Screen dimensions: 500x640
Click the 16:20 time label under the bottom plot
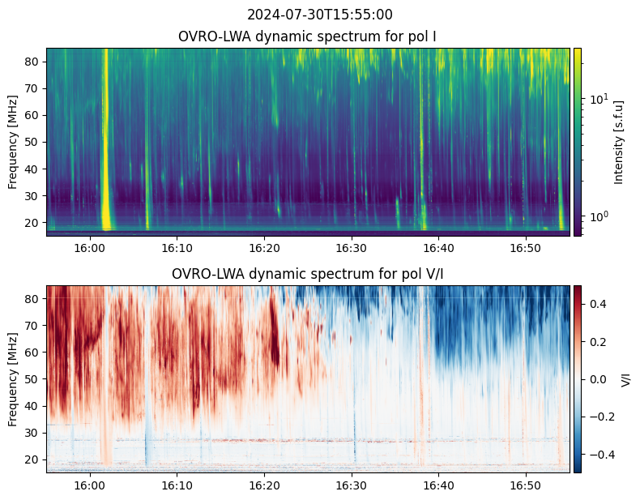pos(263,484)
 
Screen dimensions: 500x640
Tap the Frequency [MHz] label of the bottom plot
pos(13,379)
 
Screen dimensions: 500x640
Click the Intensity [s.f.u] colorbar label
pos(620,142)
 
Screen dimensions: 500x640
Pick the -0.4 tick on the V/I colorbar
pos(600,454)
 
